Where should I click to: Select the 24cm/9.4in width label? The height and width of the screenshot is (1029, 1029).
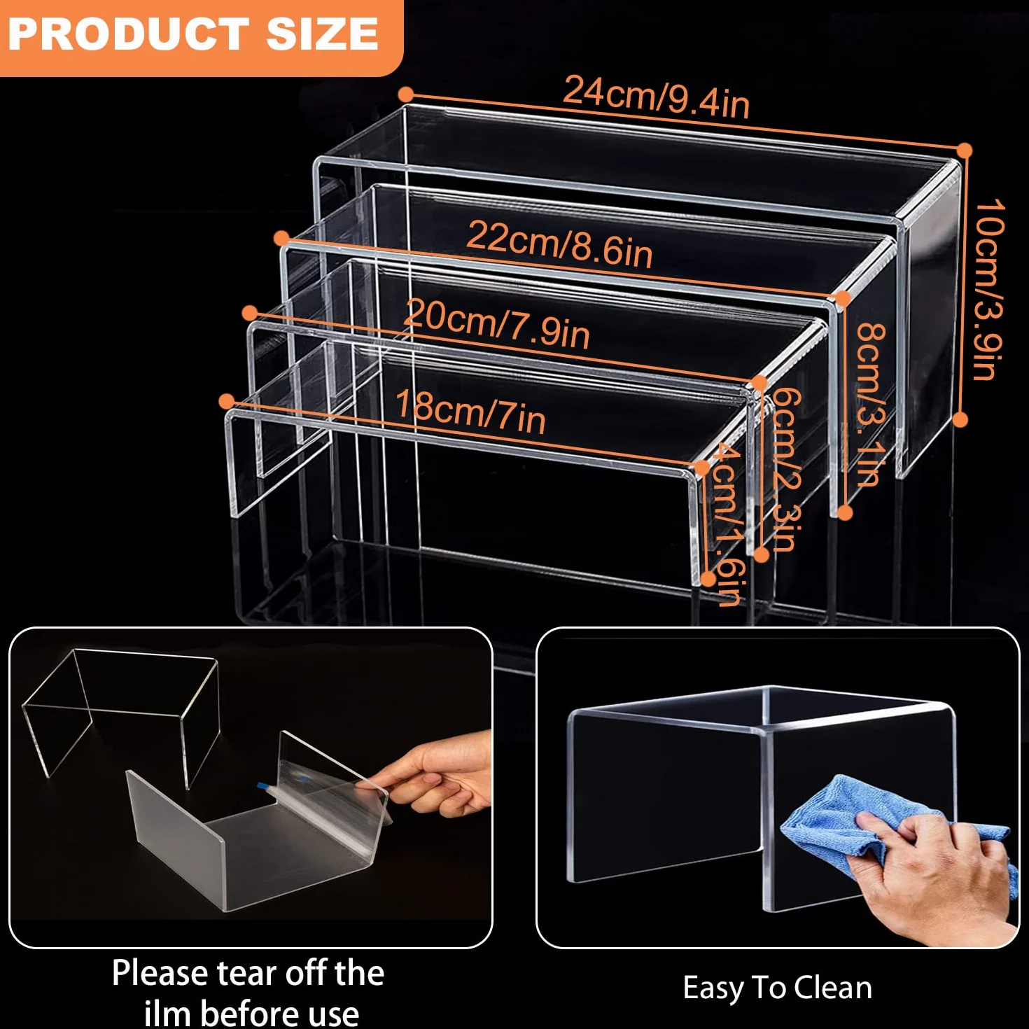(657, 97)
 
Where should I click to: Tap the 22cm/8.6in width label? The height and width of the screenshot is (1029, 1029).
(559, 244)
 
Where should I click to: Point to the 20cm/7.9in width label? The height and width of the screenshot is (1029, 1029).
(496, 324)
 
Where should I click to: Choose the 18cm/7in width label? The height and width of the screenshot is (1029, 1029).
(470, 411)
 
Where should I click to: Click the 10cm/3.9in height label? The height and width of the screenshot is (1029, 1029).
(989, 289)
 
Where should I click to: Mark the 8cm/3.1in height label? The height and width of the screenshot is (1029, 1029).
(871, 404)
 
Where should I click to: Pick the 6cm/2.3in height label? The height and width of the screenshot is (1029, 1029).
(785, 469)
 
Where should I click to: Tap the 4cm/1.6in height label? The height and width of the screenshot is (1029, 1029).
(727, 524)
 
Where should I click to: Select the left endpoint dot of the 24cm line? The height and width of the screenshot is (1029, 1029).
(406, 94)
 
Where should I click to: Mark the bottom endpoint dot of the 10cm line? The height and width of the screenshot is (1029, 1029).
(960, 419)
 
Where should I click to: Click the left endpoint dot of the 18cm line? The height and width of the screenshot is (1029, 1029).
(227, 401)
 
